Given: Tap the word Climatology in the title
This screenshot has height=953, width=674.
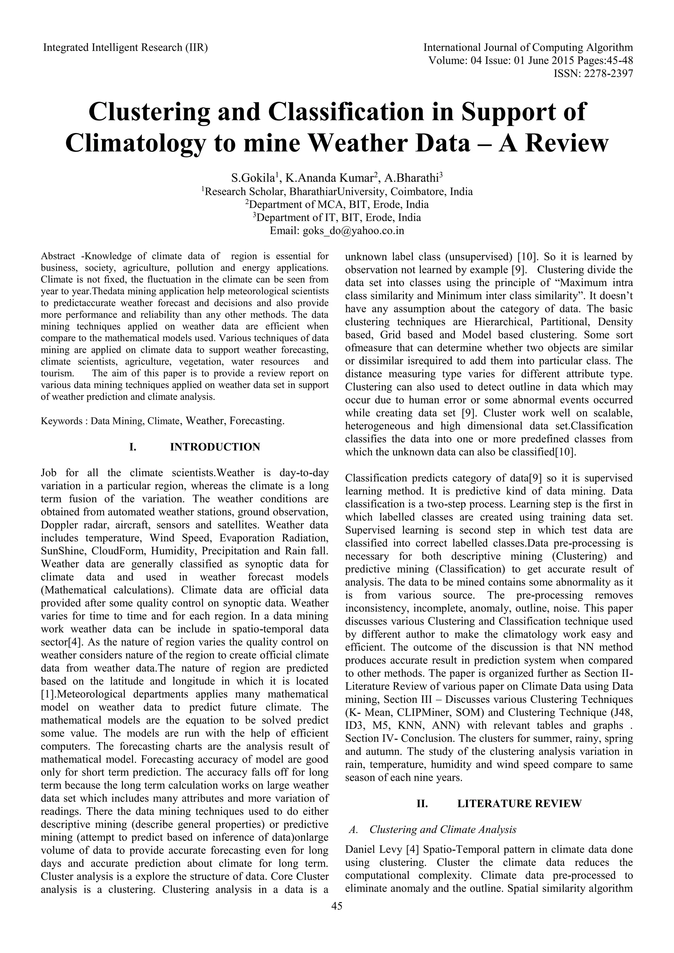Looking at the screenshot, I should (136, 143).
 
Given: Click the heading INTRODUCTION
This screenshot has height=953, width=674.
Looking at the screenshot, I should (215, 447).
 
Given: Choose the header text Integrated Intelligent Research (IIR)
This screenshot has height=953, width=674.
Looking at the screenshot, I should (125, 48).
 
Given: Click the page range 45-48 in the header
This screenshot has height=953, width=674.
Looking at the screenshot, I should (620, 61).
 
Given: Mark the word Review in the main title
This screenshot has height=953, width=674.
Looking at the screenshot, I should (554, 143).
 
